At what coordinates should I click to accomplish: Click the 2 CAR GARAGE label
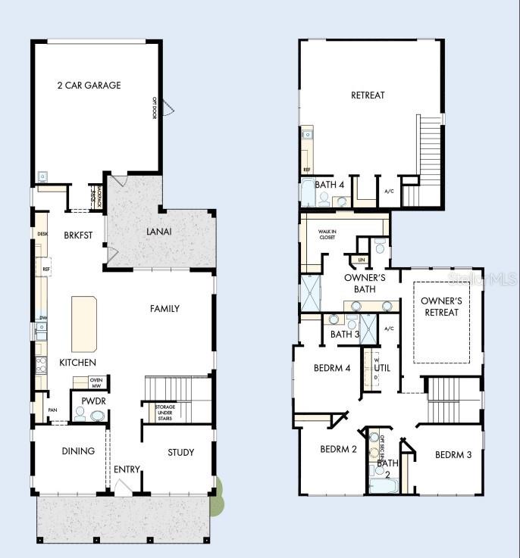[89, 86]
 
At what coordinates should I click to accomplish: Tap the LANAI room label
[161, 232]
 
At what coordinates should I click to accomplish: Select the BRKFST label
[77, 235]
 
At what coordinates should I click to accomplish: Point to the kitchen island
[85, 323]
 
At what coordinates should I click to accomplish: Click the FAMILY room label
[164, 308]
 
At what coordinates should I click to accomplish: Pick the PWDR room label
[89, 400]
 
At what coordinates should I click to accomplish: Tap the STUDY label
[180, 453]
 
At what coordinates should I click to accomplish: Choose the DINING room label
[77, 451]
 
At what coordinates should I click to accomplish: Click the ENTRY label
[127, 469]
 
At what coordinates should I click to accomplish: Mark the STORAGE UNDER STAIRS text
[165, 412]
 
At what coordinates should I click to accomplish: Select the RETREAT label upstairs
[368, 95]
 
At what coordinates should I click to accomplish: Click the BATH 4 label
[330, 185]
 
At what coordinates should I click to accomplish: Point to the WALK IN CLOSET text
[327, 235]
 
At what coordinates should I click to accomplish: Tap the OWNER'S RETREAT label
[441, 307]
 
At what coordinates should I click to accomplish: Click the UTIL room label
[382, 368]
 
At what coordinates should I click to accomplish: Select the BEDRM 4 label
[332, 369]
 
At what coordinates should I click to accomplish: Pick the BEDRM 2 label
[338, 449]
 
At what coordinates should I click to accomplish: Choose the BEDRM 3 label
[453, 455]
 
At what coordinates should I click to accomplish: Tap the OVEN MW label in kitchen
[96, 382]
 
